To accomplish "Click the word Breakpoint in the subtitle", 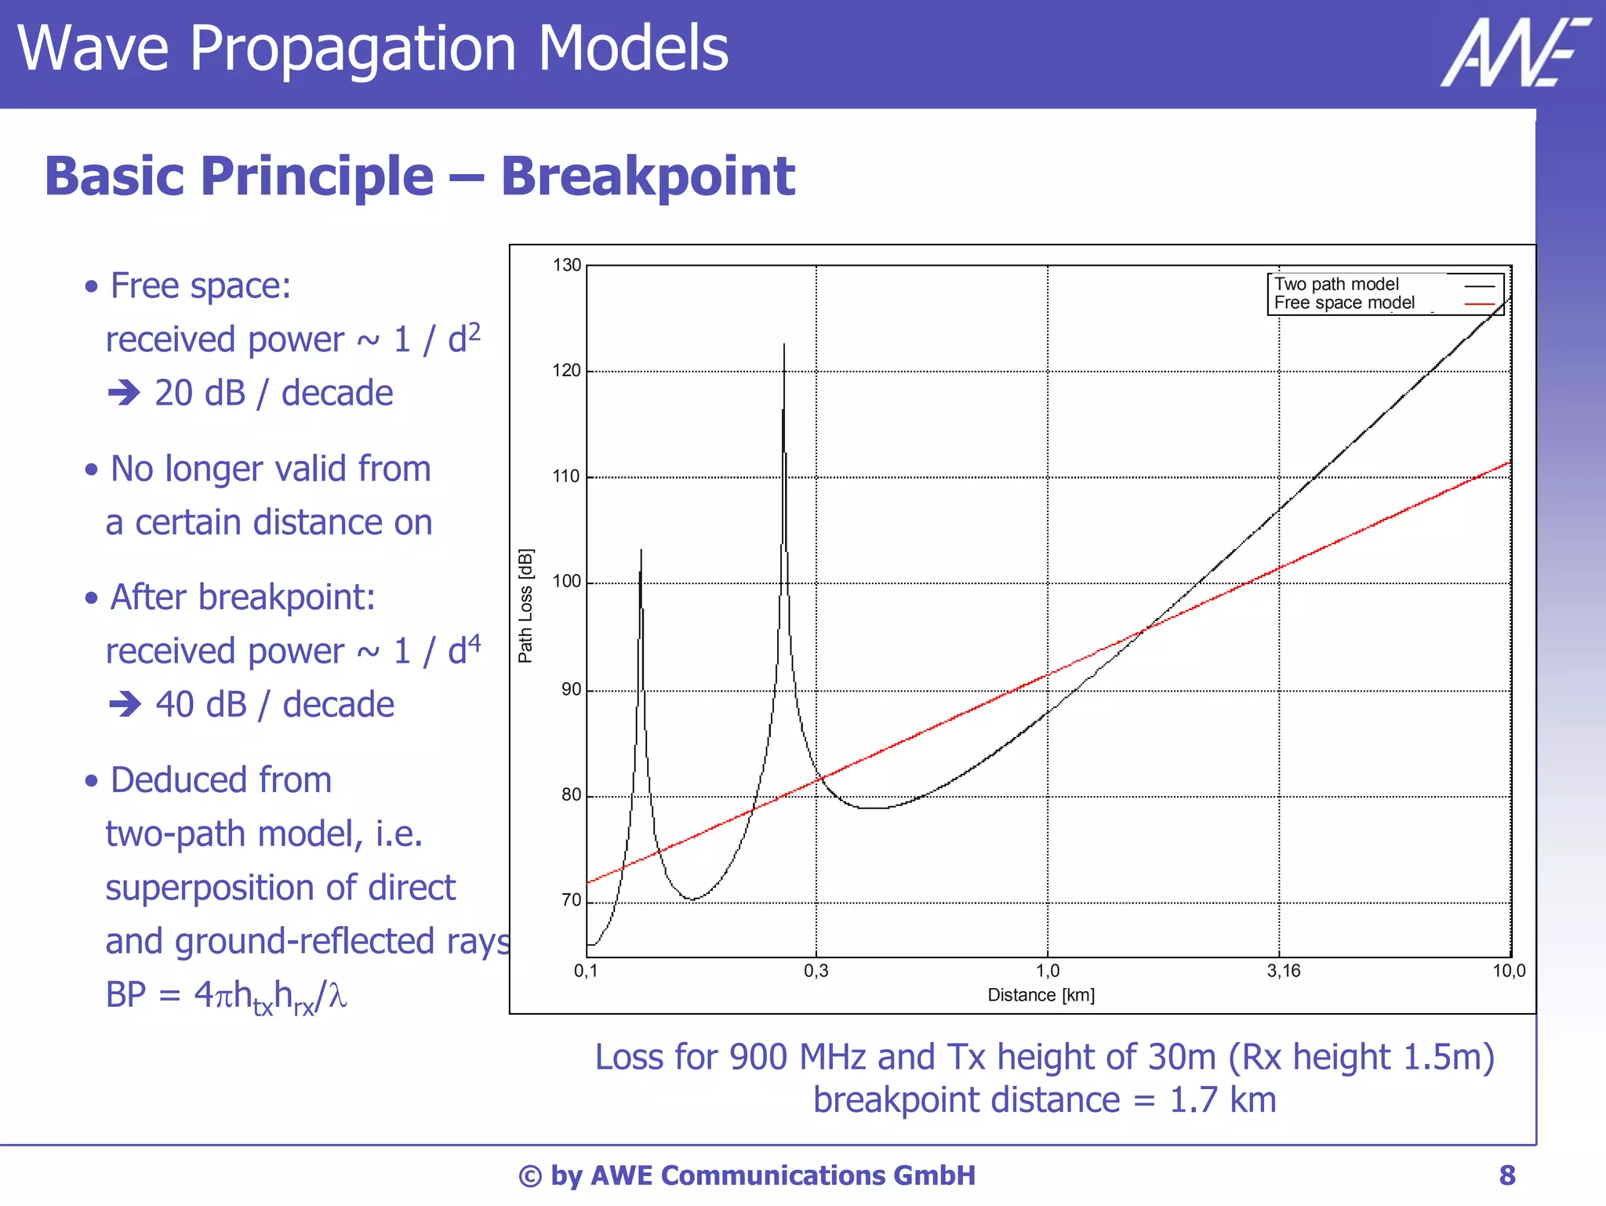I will [648, 176].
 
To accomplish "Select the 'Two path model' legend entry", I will [1336, 284].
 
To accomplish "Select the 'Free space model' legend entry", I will [1344, 303].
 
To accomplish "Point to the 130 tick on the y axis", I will [567, 265].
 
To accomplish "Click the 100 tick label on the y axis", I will [567, 582].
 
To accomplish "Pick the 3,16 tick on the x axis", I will [1284, 971].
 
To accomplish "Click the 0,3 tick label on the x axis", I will [816, 971].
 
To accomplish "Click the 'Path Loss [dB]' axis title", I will [525, 605].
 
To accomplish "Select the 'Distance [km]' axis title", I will [1041, 995].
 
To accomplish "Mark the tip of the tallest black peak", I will [784, 344].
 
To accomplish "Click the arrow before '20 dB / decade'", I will [124, 393].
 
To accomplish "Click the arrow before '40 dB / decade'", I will [125, 704].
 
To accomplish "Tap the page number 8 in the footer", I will [1507, 1175].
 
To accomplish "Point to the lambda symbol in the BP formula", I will [337, 996].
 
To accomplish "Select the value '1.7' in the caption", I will [1194, 1099].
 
